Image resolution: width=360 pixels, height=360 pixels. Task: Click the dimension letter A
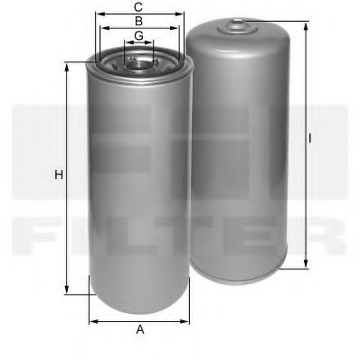coord(140,330)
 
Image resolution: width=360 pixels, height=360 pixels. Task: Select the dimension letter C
coord(138,6)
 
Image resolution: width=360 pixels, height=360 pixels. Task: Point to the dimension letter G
coord(138,35)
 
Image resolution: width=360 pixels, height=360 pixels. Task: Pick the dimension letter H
coord(58,175)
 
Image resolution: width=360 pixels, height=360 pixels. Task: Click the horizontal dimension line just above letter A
coord(140,319)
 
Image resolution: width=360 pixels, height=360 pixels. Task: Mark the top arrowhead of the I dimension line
coord(302,22)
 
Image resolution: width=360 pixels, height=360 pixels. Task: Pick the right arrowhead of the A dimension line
coord(187,319)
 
